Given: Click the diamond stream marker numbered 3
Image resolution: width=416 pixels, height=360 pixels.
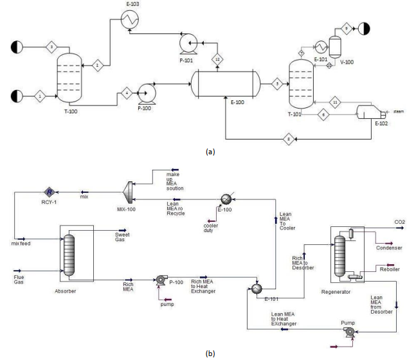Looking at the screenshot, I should point(52,47).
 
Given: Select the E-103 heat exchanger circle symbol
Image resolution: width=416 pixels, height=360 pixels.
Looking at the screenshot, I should point(131,21).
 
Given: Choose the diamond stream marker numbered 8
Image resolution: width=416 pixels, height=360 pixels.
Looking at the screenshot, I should point(290,138).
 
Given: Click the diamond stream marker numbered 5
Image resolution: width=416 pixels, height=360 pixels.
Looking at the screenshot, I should point(277,84).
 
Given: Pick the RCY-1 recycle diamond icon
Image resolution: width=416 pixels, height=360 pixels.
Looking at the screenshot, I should point(48,192).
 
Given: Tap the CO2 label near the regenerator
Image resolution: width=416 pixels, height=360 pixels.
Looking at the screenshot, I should point(400,222).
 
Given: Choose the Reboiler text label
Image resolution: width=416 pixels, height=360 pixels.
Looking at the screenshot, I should point(389,269).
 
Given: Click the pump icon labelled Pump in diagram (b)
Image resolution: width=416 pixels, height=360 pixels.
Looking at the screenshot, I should point(350,331).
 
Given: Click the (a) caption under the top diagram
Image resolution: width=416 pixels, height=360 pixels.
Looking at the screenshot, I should point(208,153).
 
